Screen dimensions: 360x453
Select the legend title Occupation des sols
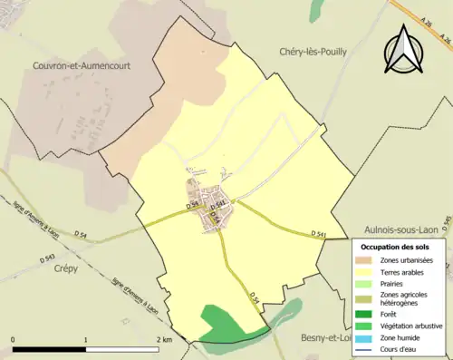(397, 248)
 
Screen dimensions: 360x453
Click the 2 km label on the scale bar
(163, 340)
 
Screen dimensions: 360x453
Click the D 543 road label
(49, 258)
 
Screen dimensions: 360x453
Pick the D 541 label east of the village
(318, 234)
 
